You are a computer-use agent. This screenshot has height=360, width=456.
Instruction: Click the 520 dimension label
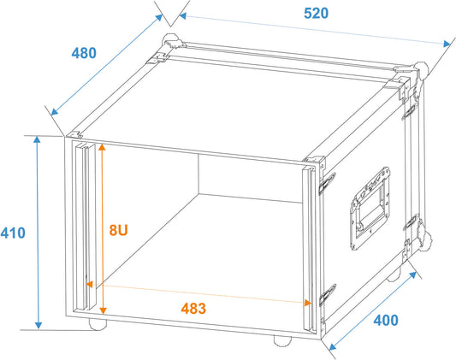(x=316, y=14)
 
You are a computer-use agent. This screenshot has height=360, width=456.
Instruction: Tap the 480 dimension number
(x=84, y=53)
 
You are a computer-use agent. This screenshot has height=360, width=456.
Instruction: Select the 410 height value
(x=13, y=233)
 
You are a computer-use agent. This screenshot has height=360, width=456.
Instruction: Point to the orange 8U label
(x=118, y=230)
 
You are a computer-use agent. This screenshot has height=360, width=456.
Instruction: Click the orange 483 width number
(x=193, y=309)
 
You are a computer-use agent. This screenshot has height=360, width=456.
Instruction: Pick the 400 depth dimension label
(x=386, y=320)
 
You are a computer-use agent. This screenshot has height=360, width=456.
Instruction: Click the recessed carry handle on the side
(x=370, y=208)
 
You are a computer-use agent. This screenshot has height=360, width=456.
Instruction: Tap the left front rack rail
(x=86, y=227)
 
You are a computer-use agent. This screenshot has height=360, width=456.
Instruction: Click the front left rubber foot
(x=98, y=324)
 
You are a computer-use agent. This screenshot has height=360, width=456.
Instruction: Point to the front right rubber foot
(x=282, y=341)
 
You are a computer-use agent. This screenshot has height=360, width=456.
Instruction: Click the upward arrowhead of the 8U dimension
(x=102, y=147)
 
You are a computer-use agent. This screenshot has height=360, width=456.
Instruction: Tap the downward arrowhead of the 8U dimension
(x=103, y=310)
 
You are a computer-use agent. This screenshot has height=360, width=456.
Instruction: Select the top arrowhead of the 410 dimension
(x=37, y=139)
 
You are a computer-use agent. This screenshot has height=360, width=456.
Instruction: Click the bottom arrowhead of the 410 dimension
(x=38, y=325)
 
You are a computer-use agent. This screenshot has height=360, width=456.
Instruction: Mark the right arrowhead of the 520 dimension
(x=447, y=44)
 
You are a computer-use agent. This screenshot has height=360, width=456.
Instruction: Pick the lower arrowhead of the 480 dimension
(x=54, y=112)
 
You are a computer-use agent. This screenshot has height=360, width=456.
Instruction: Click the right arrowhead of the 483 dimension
(x=307, y=303)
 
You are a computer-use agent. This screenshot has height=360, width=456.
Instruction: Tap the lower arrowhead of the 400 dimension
(x=333, y=346)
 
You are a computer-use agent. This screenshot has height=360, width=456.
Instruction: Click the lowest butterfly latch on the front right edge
(x=328, y=294)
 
